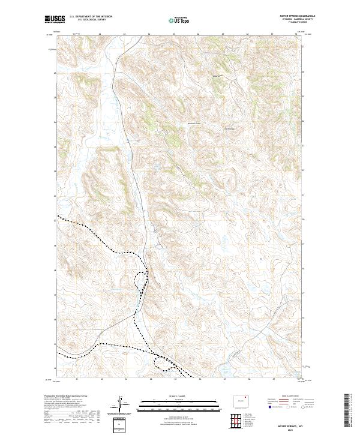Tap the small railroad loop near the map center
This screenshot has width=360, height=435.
pos(141,278)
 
